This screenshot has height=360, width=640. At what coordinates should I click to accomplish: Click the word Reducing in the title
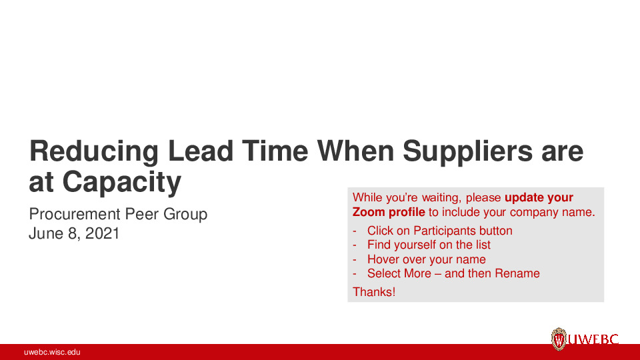(93, 153)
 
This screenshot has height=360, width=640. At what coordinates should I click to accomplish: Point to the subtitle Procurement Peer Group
(118, 214)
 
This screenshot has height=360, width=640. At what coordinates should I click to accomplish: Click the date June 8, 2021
(74, 233)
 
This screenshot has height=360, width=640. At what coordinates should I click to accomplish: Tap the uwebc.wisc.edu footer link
(52, 352)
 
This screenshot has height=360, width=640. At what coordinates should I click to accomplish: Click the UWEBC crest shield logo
(559, 339)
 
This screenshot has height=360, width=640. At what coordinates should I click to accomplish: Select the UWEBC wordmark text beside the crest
(593, 340)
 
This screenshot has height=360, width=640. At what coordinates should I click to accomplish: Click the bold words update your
(539, 197)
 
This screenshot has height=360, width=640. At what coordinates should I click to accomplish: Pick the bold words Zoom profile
(389, 213)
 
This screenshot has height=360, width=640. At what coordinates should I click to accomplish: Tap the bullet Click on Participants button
(439, 231)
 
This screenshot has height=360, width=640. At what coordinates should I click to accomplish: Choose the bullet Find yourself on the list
(429, 245)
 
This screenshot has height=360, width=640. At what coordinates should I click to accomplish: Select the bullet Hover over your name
(426, 259)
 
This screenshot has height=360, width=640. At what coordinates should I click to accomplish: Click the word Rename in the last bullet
(517, 273)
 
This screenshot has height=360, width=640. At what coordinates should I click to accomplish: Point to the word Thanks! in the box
(374, 291)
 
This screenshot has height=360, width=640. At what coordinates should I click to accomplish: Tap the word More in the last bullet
(417, 273)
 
